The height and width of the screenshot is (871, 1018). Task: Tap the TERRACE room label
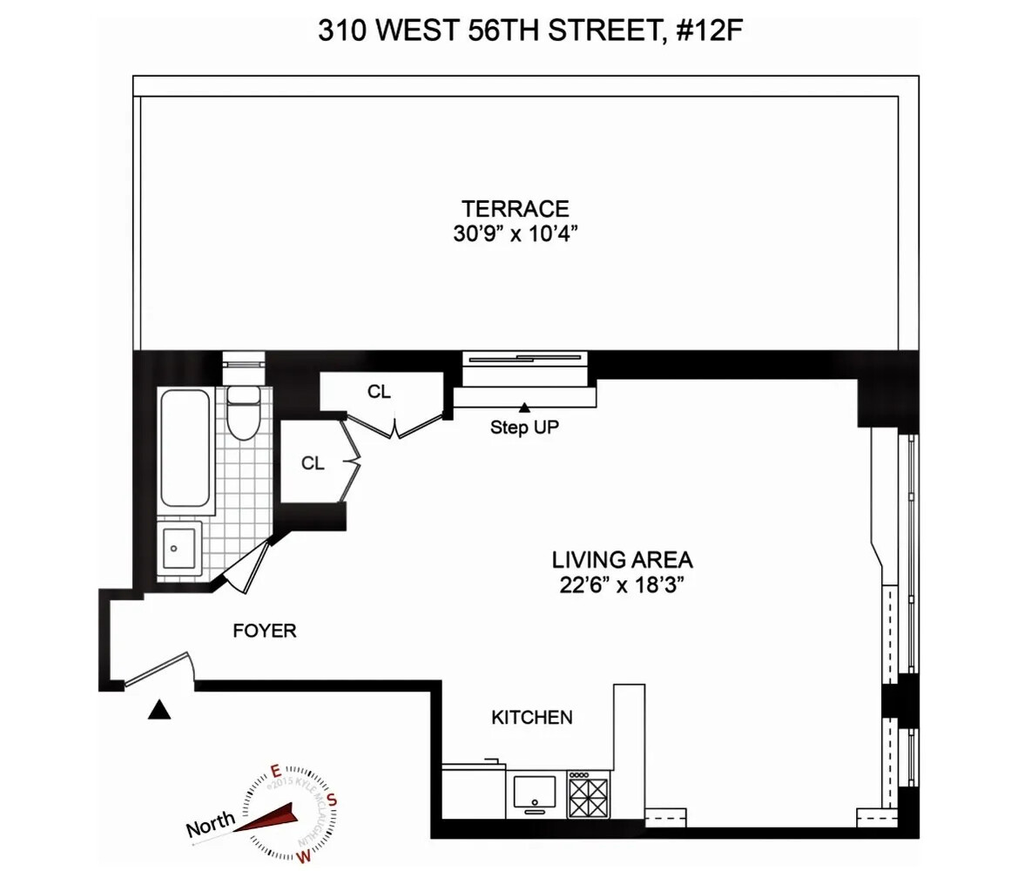point(516,209)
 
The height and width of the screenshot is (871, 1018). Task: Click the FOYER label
point(264,631)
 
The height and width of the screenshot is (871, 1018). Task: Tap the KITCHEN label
point(532,718)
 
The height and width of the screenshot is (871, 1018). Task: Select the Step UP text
point(524,429)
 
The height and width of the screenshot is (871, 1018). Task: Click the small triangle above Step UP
point(525,408)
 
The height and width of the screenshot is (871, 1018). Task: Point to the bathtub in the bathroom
point(185,451)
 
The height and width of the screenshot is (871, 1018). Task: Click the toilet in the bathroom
point(242,412)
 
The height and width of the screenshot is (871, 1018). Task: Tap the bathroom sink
point(179,548)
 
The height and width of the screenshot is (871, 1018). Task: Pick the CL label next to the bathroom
point(313,464)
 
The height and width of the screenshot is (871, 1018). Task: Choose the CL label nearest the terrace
point(379,392)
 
